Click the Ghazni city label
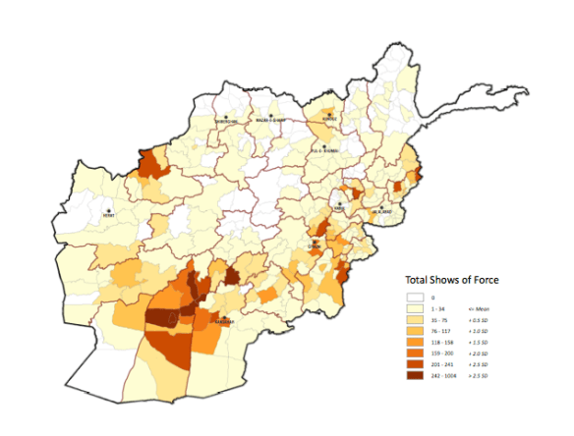click(x=316, y=245)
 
